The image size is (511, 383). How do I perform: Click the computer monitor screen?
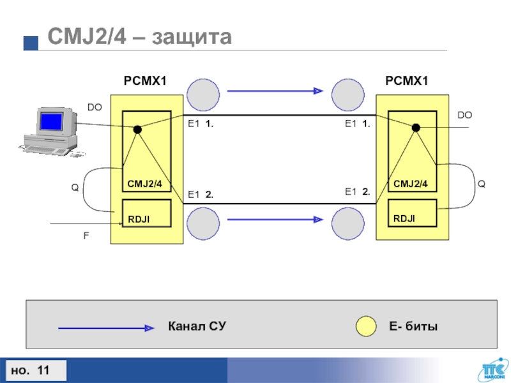click(51, 121)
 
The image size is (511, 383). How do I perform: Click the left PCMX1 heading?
click(145, 81)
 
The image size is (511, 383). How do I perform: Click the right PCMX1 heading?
click(407, 81)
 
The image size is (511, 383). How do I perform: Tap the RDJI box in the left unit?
click(146, 214)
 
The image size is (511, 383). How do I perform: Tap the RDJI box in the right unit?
click(412, 214)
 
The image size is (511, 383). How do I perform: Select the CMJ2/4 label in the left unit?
click(145, 184)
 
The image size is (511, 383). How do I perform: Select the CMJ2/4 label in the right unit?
click(411, 184)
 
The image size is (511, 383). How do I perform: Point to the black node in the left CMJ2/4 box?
click(137, 130)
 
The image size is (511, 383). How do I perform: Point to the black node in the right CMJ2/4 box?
click(416, 128)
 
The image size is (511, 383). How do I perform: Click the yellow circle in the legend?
click(366, 326)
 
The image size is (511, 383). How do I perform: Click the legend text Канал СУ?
click(197, 327)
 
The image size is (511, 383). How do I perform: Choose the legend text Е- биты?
click(413, 327)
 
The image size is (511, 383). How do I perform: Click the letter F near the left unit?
click(86, 235)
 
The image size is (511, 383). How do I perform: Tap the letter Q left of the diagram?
click(74, 188)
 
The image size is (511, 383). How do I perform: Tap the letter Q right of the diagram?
click(482, 184)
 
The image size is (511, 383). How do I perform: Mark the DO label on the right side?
click(464, 115)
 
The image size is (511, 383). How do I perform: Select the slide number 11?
click(44, 370)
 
